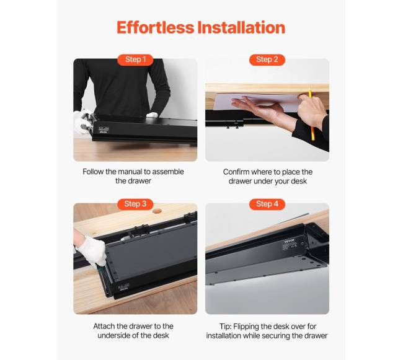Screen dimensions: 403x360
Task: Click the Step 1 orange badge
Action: [x=135, y=59]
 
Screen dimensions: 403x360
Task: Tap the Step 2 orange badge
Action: [x=267, y=59]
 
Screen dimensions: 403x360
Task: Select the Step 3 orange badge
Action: [x=135, y=204]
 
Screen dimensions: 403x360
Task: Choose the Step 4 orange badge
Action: [x=267, y=204]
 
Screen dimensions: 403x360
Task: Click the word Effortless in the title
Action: [x=155, y=27]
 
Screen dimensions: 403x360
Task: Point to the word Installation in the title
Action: [x=241, y=27]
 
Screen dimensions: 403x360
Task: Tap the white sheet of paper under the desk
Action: [x=257, y=102]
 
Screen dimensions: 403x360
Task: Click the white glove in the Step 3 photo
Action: [x=92, y=251]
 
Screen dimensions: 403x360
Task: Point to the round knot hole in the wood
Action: [x=157, y=211]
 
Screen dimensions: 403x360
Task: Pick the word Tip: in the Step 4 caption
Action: [x=226, y=327]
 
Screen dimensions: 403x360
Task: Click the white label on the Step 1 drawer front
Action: [x=104, y=129]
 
